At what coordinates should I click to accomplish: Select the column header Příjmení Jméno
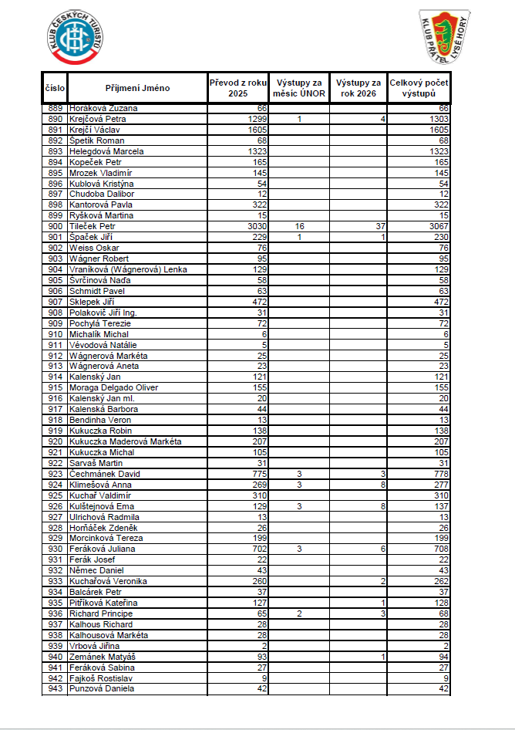[x=138, y=88]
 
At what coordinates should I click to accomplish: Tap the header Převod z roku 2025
[x=238, y=88]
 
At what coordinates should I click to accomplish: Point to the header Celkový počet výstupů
[x=419, y=88]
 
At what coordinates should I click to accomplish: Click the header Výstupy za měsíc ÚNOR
[x=298, y=88]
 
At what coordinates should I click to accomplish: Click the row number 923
[x=55, y=474]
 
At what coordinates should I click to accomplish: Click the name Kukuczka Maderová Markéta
[x=125, y=441]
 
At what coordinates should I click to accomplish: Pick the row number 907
[x=55, y=302]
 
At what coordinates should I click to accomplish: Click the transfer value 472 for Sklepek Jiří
[x=259, y=302]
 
